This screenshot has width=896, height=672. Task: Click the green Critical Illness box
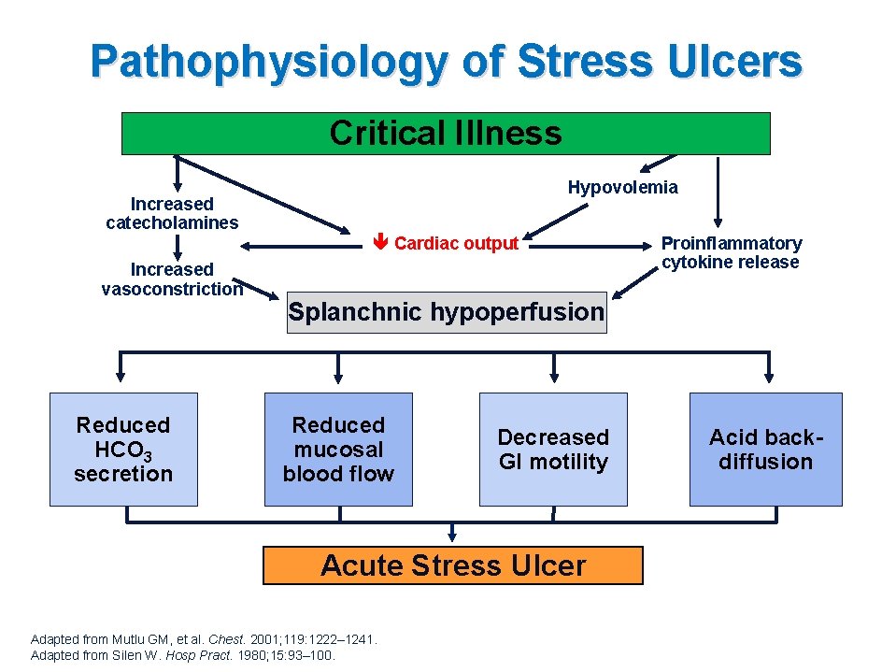click(446, 134)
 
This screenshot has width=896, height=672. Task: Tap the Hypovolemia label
click(622, 187)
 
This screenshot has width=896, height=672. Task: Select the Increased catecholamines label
click(172, 213)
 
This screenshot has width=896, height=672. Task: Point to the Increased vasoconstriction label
click(172, 279)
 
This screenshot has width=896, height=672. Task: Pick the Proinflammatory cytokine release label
click(731, 252)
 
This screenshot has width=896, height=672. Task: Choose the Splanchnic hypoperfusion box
click(446, 312)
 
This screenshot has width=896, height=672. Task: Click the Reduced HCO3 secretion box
click(123, 450)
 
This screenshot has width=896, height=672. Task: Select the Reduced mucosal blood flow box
click(338, 450)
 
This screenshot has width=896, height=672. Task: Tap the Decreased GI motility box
click(553, 450)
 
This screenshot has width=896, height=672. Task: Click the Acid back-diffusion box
click(765, 450)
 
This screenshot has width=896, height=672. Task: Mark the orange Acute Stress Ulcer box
click(453, 565)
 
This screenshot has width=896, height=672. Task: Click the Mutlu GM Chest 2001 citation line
click(204, 639)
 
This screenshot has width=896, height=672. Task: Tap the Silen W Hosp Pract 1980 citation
click(183, 654)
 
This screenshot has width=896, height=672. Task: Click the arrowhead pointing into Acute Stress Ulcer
click(453, 536)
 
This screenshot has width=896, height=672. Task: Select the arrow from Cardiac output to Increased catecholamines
click(299, 246)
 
